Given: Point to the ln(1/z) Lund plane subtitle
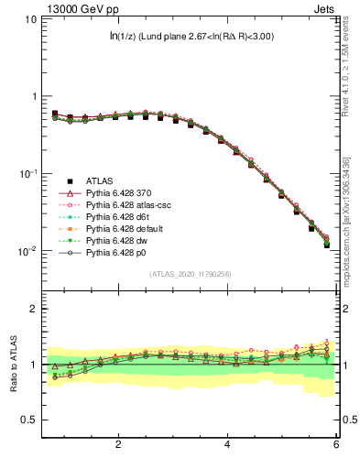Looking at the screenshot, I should pos(191,37).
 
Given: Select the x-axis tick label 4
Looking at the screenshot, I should pos(227,447).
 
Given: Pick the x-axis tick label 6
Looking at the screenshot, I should pos(336,447).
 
